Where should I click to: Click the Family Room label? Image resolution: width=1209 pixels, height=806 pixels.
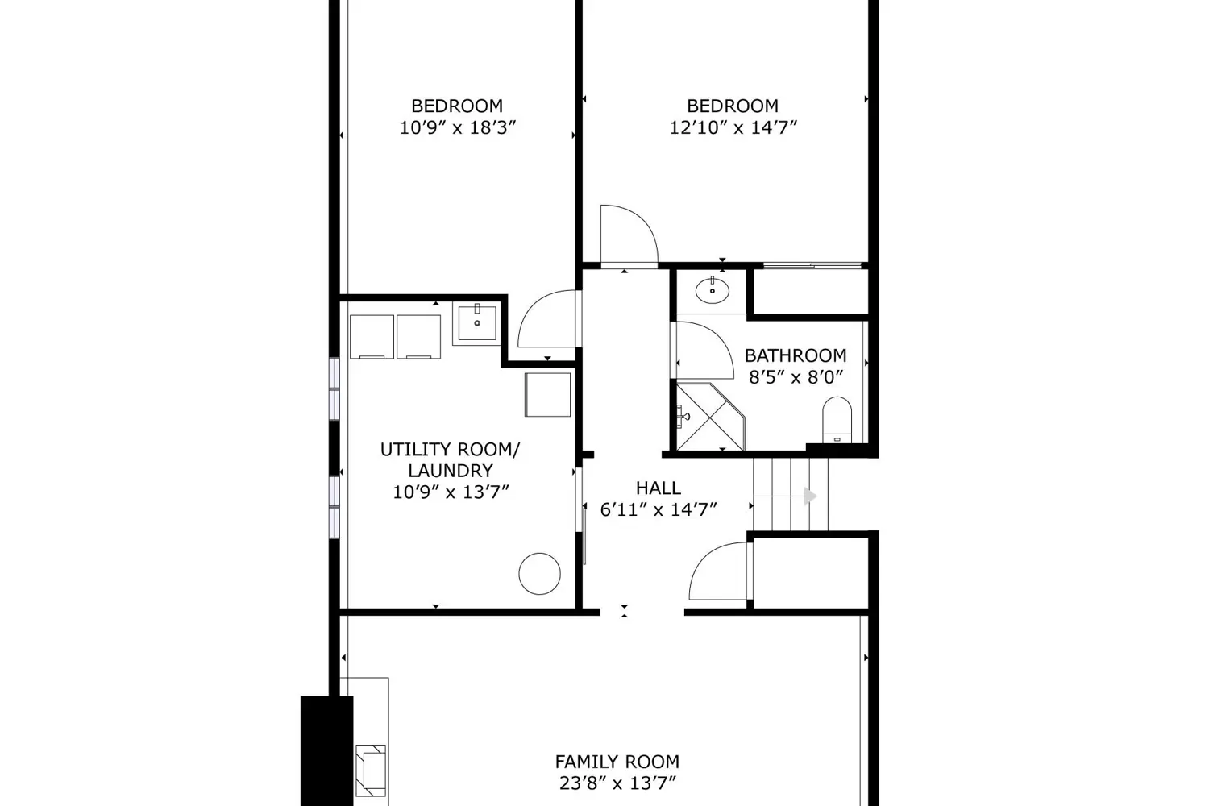(x=617, y=762)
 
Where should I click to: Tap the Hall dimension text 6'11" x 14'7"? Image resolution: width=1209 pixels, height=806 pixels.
(x=659, y=509)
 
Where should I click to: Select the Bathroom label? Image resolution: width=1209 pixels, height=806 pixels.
(x=796, y=355)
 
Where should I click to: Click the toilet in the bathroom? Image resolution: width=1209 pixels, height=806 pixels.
(x=837, y=420)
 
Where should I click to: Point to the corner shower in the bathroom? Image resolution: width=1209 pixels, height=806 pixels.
(x=710, y=417)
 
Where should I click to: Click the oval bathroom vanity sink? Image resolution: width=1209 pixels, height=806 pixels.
(x=713, y=291)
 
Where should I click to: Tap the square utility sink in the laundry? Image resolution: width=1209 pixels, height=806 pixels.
(x=477, y=323)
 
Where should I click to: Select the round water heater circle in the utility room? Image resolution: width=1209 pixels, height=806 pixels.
(x=540, y=574)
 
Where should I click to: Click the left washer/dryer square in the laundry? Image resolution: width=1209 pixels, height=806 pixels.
(x=372, y=337)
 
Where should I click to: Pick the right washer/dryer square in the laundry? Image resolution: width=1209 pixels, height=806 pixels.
(x=419, y=337)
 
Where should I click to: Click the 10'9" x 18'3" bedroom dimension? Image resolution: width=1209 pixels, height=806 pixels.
(x=458, y=128)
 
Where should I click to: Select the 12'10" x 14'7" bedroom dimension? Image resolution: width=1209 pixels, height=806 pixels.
(x=733, y=128)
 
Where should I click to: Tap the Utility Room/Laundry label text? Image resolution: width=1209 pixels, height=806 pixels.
(x=450, y=460)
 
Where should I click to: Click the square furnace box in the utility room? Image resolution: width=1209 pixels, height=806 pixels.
(x=548, y=395)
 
